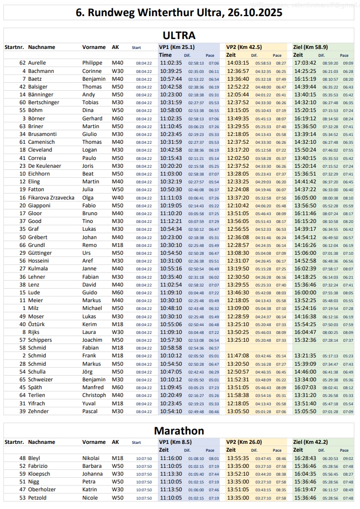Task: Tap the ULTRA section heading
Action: tap(179, 35)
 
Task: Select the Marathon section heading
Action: tap(179, 431)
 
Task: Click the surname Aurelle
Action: tap(37, 63)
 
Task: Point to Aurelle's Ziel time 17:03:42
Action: tap(305, 63)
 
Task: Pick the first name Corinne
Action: tap(92, 71)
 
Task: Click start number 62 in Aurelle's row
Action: tap(22, 63)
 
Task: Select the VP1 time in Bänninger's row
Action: tap(170, 95)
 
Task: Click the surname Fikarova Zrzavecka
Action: tap(51, 198)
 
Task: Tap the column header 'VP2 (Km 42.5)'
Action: tap(244, 47)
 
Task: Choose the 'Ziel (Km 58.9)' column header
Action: tap(311, 47)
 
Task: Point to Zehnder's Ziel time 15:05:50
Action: tap(305, 411)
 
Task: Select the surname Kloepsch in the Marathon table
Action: tap(40, 474)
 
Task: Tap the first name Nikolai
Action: tap(92, 458)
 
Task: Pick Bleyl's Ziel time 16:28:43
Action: tap(305, 458)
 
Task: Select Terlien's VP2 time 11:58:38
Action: tap(238, 395)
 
